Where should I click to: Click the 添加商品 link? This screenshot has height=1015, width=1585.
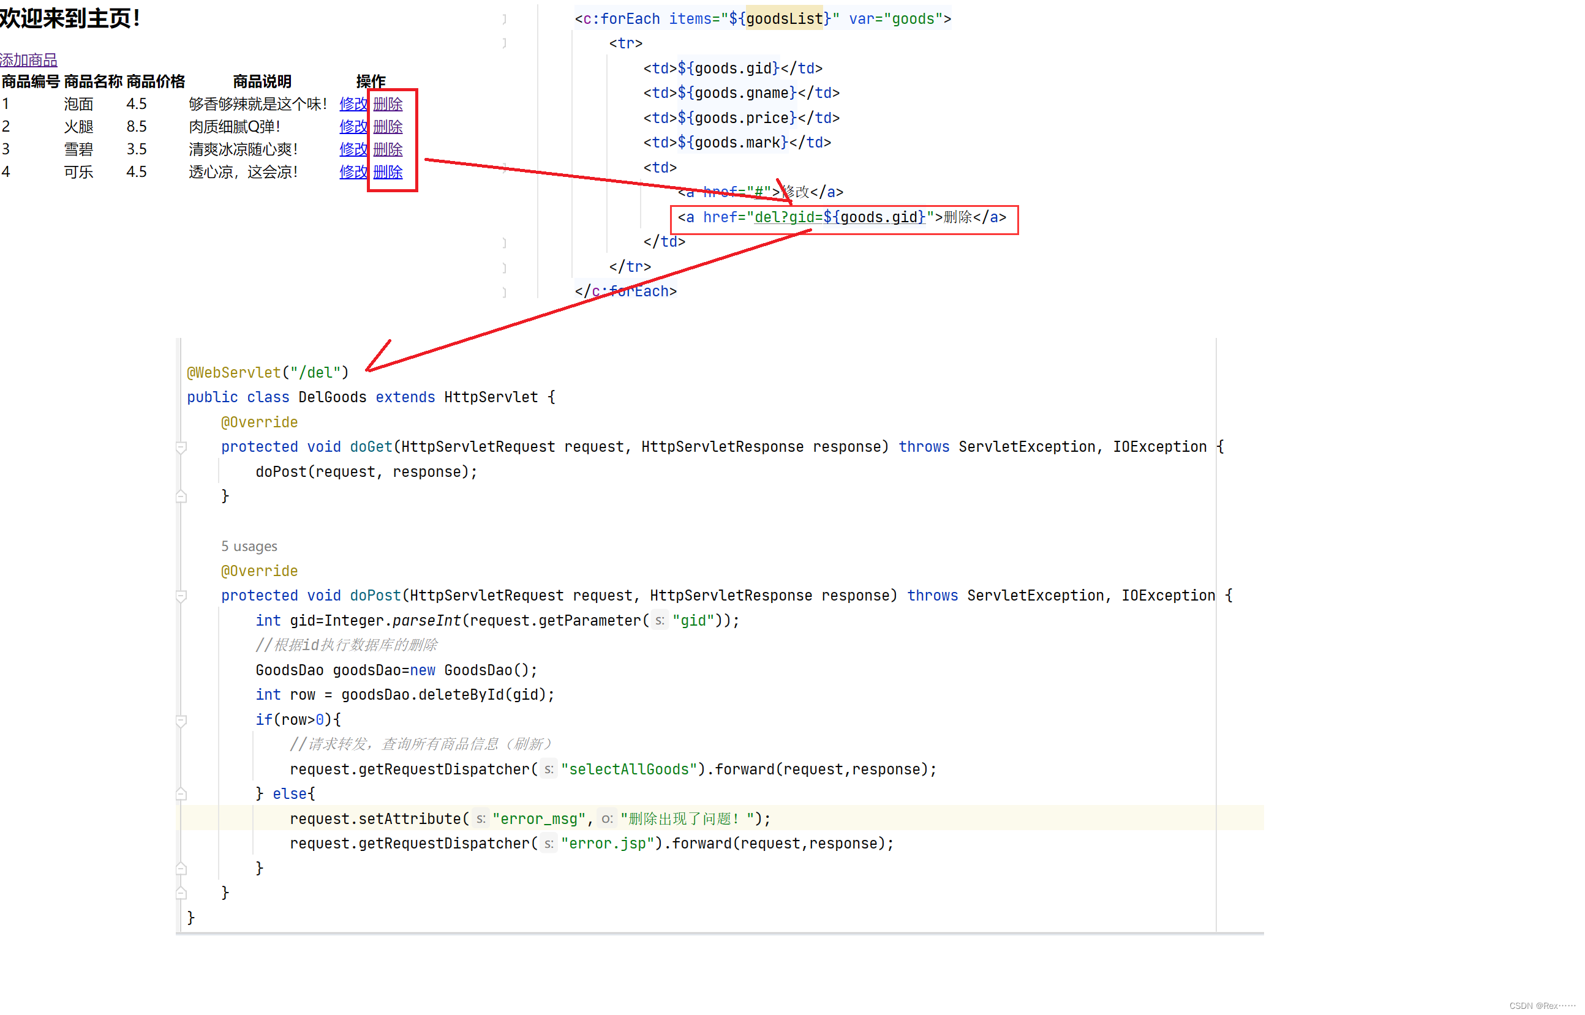click(28, 60)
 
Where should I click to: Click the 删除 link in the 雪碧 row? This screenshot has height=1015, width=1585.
click(388, 149)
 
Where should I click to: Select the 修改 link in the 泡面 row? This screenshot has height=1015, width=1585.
click(353, 104)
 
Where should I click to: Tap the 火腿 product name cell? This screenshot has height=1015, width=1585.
click(78, 127)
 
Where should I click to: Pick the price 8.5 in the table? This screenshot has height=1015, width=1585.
click(137, 127)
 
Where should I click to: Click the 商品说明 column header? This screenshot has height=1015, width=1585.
click(262, 82)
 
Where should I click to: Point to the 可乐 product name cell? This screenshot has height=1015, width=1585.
click(78, 172)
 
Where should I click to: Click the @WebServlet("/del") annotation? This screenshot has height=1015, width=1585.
click(267, 372)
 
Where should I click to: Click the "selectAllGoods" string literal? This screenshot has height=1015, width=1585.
click(629, 769)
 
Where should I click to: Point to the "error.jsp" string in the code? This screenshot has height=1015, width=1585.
click(607, 844)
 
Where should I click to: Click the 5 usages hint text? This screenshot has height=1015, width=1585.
click(249, 547)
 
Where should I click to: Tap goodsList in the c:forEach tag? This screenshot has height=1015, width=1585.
click(785, 19)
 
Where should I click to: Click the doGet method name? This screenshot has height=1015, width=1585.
click(371, 447)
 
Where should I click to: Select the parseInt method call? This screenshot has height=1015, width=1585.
click(426, 621)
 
